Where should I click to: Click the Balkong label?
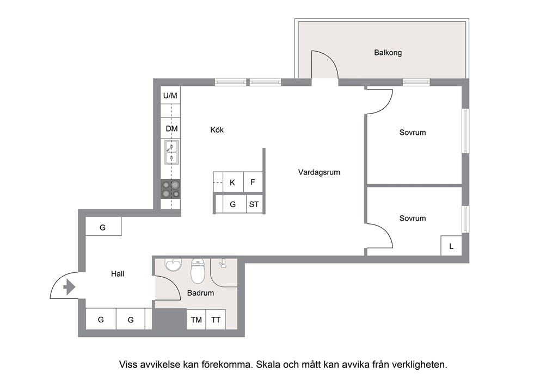[x=388, y=53]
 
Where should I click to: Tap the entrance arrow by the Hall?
[x=70, y=287]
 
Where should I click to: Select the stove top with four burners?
[x=171, y=190]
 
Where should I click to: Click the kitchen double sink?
[x=171, y=152]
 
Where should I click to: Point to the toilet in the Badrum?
[x=198, y=270]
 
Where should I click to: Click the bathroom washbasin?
[x=173, y=265]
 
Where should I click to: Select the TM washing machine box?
[x=197, y=320]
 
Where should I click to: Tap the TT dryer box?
[x=216, y=320]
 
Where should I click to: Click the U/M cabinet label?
[x=170, y=96]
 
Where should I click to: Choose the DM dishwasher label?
[x=171, y=129]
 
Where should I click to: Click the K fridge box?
[x=233, y=182]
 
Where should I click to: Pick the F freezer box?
[x=253, y=182]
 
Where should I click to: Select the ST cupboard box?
[x=255, y=204]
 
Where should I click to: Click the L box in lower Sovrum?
[x=451, y=246]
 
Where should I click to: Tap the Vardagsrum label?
[x=319, y=172]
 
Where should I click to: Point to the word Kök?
[x=217, y=130]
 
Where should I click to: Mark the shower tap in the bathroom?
[x=223, y=264]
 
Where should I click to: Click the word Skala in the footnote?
[x=268, y=365]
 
